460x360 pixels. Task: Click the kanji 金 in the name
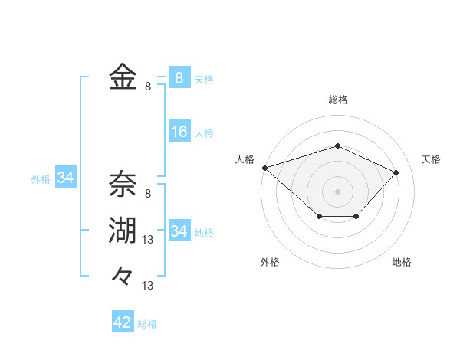[x=123, y=78]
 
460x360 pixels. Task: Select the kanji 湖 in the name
[x=123, y=231]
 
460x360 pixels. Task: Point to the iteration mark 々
[x=123, y=275]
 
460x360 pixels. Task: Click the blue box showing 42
[x=123, y=322]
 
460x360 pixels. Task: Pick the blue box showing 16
[x=179, y=132]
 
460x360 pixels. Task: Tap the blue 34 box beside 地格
[x=179, y=231]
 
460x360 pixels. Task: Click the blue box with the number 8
[x=179, y=78]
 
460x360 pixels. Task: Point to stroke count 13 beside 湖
[x=149, y=240]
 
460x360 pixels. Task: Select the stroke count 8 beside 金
[x=148, y=87]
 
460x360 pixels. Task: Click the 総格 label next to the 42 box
[x=147, y=324]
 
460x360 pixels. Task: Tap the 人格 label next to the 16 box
[x=204, y=133]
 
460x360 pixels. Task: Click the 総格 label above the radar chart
[x=338, y=100]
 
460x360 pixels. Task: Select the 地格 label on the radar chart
[x=402, y=263]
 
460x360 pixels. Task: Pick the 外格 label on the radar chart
[x=270, y=263]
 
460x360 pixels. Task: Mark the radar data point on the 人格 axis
[x=264, y=167]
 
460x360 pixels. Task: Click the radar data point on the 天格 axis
[x=396, y=172]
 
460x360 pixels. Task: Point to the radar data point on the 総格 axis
[x=337, y=146]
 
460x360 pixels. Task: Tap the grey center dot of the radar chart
[x=337, y=191]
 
